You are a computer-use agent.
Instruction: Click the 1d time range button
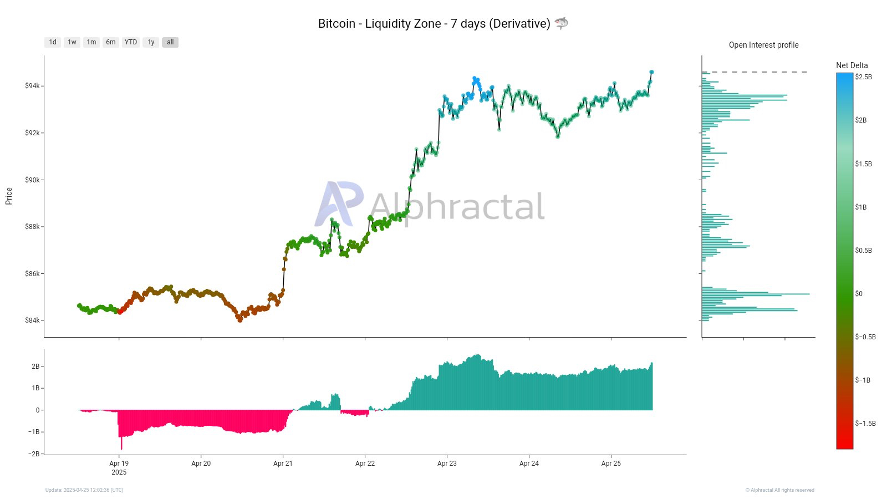pos(53,42)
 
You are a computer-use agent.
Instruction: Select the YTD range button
pos(131,42)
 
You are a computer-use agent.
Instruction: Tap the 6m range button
pos(111,42)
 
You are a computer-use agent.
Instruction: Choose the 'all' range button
pos(170,42)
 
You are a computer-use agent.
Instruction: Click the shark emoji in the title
pos(561,23)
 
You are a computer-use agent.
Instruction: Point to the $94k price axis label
pos(32,86)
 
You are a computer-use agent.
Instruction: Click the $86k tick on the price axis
pos(32,274)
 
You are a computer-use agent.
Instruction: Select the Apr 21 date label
pos(283,464)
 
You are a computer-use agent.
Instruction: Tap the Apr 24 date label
pos(529,464)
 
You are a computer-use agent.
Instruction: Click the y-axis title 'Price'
pos(9,196)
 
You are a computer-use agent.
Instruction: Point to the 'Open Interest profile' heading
pos(763,45)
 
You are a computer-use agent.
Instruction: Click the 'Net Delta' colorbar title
pos(852,65)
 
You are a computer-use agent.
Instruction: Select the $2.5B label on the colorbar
pos(863,77)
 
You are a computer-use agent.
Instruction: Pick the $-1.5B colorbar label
pos(865,424)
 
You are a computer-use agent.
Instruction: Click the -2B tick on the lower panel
pos(35,454)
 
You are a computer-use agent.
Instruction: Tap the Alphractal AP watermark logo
pos(339,203)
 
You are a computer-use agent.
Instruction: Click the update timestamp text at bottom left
pos(84,490)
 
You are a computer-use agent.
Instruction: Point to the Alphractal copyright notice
pos(779,490)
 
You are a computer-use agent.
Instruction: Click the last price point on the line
pos(652,72)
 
